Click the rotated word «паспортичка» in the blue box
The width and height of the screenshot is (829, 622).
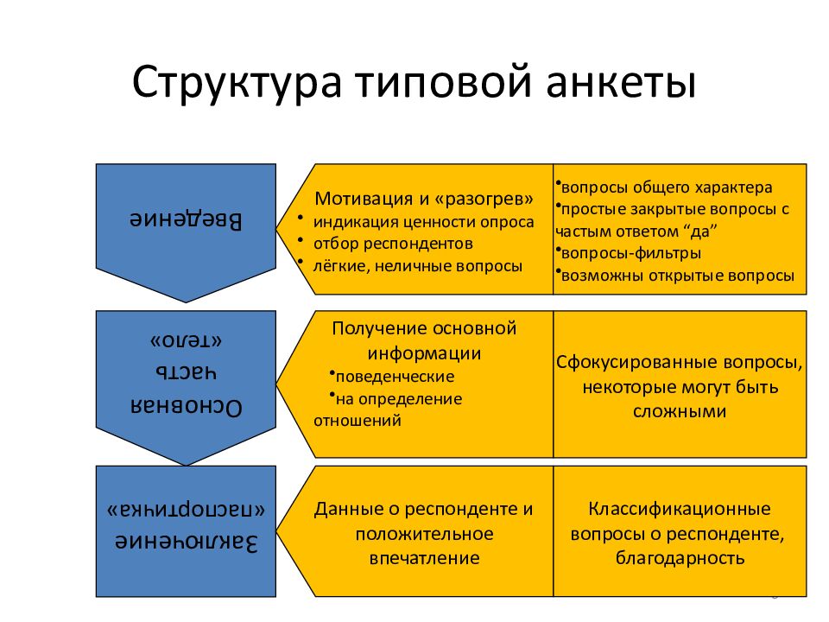coord(186,508)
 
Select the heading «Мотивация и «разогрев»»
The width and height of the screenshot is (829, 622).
coord(424,200)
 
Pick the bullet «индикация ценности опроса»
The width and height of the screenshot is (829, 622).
coord(423,222)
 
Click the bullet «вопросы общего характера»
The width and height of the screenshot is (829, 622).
coord(666,187)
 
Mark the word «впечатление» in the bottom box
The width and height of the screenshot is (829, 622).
coord(424,557)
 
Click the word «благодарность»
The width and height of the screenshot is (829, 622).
coord(680,557)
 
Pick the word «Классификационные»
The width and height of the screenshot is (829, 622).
coord(680,509)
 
